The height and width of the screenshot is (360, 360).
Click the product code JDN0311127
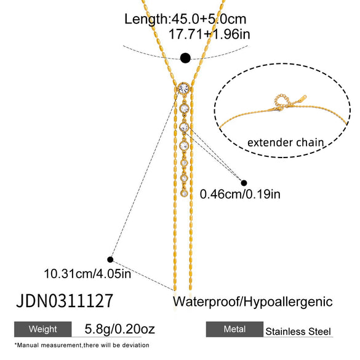click(x=65, y=300)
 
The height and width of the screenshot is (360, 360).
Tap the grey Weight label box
click(x=42, y=329)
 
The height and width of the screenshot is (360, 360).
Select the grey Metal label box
click(x=234, y=329)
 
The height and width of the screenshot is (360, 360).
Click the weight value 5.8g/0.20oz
click(x=119, y=329)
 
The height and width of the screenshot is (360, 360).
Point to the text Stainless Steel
click(x=298, y=332)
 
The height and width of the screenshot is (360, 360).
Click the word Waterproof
click(x=206, y=302)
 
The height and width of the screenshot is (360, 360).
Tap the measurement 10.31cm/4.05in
click(x=87, y=274)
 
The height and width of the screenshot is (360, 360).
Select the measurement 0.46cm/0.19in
click(x=240, y=194)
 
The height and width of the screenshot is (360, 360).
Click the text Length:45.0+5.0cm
click(x=185, y=19)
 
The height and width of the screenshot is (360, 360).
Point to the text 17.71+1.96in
click(x=209, y=34)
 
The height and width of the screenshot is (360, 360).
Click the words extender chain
click(x=286, y=142)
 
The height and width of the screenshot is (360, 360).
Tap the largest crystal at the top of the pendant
click(x=183, y=89)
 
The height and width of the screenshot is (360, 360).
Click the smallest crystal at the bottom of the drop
click(x=184, y=193)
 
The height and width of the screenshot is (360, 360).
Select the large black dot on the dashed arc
click(x=185, y=58)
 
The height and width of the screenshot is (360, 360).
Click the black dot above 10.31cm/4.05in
click(x=110, y=260)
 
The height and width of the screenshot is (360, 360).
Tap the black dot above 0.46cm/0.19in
click(x=244, y=183)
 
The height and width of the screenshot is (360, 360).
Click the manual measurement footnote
click(x=82, y=345)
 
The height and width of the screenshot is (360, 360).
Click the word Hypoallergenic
click(x=288, y=302)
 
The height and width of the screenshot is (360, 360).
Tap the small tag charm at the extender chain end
click(x=301, y=99)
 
